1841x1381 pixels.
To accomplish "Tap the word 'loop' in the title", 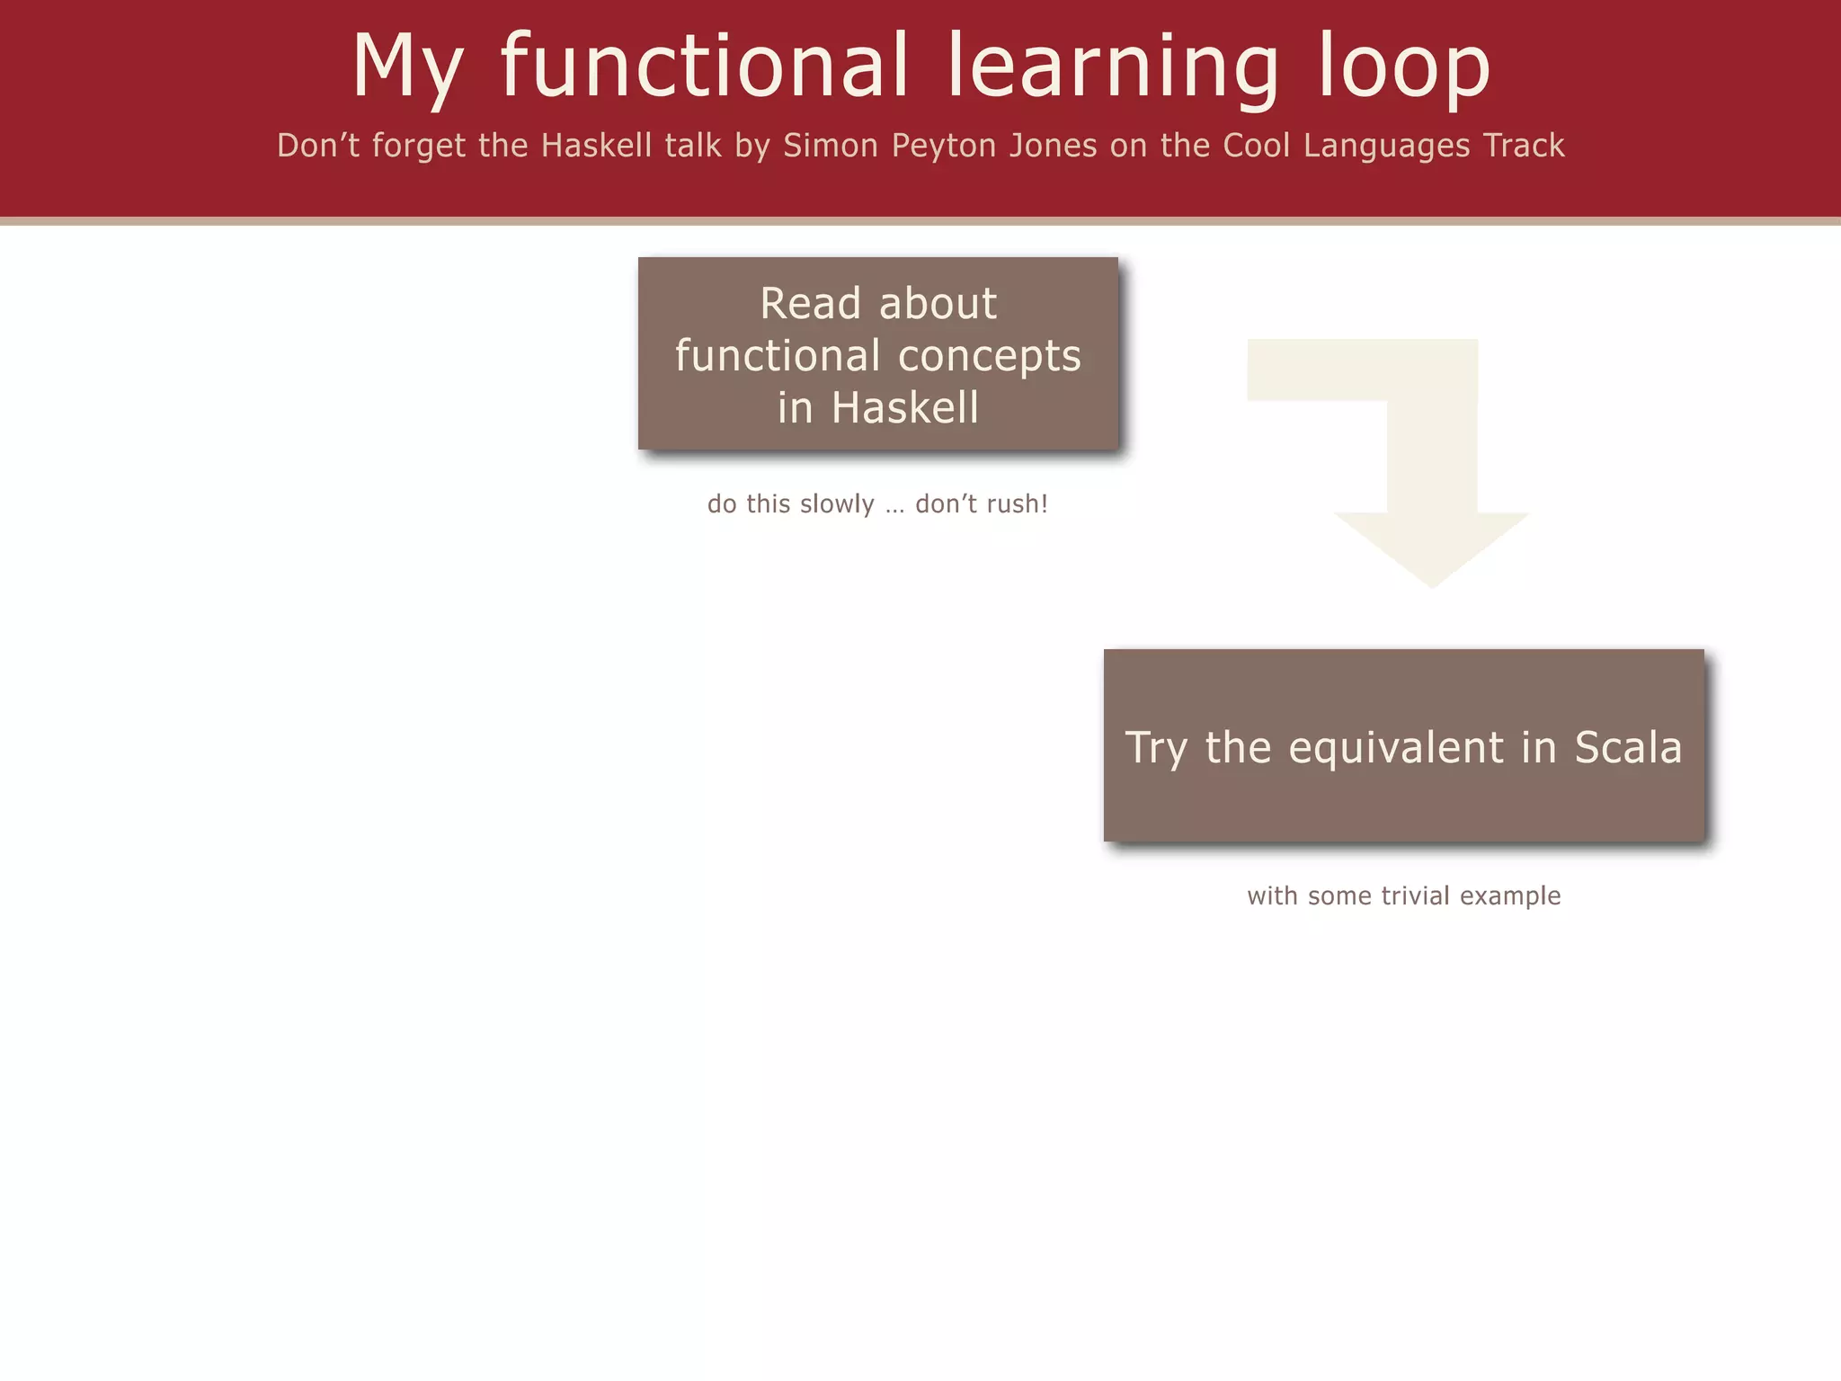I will (x=1404, y=68).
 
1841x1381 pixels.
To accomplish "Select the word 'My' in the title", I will (x=407, y=68).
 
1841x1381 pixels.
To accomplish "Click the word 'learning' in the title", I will (x=1113, y=68).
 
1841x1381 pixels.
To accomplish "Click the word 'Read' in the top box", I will (x=810, y=303).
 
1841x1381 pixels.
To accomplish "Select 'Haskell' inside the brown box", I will (x=904, y=407).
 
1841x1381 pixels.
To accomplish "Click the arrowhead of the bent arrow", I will (x=1432, y=548).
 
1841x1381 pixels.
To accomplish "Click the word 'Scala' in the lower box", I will (x=1627, y=747).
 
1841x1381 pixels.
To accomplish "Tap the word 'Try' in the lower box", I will (x=1156, y=749).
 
